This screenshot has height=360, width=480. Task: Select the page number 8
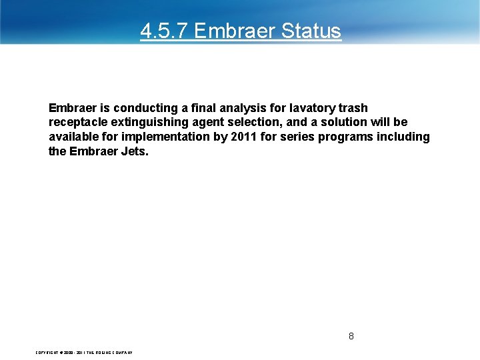coord(351,336)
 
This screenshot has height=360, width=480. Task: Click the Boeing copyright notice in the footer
coord(84,352)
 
